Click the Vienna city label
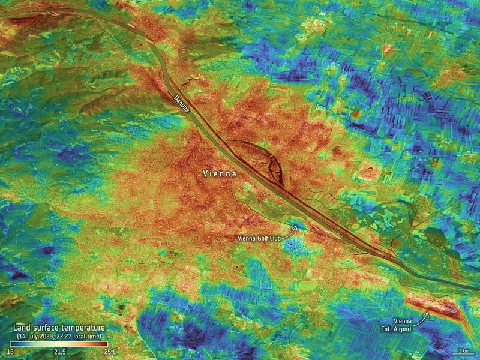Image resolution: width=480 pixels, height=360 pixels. coord(220,173)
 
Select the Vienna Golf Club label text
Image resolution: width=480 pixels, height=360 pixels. coord(259,238)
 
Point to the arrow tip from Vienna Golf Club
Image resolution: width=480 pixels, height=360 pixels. coord(294,227)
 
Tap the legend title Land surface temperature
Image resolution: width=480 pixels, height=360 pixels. coord(59,328)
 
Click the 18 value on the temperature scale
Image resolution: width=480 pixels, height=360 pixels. coord(10,351)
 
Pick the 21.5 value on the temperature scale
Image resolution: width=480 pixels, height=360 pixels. coord(59,351)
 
